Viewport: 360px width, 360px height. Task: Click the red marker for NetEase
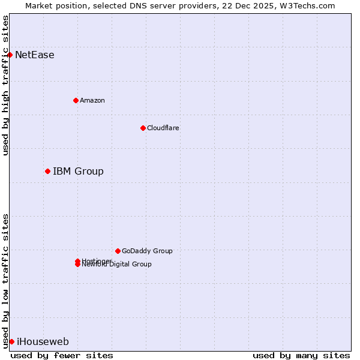(x=10, y=55)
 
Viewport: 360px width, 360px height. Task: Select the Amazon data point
(x=76, y=100)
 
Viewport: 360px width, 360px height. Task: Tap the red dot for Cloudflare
(x=143, y=128)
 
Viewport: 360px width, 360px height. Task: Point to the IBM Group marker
(x=47, y=171)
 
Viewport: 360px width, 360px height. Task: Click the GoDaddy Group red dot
(x=118, y=251)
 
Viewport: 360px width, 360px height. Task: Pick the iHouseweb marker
(x=11, y=341)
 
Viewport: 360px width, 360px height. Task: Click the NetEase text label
(x=35, y=55)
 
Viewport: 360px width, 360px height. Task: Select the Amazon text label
(x=92, y=100)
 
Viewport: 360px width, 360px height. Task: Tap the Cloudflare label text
(x=163, y=128)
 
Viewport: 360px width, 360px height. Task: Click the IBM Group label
(x=78, y=172)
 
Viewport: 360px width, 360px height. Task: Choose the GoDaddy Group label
(x=147, y=251)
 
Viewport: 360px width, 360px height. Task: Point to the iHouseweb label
(x=43, y=342)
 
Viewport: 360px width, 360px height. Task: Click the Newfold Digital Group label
(x=117, y=265)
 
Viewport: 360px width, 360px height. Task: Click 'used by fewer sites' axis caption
(x=62, y=355)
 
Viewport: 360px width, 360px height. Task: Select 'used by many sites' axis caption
(x=301, y=355)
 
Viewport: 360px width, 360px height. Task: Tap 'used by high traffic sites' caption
(x=6, y=85)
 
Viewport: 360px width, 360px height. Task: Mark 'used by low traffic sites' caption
(x=6, y=281)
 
